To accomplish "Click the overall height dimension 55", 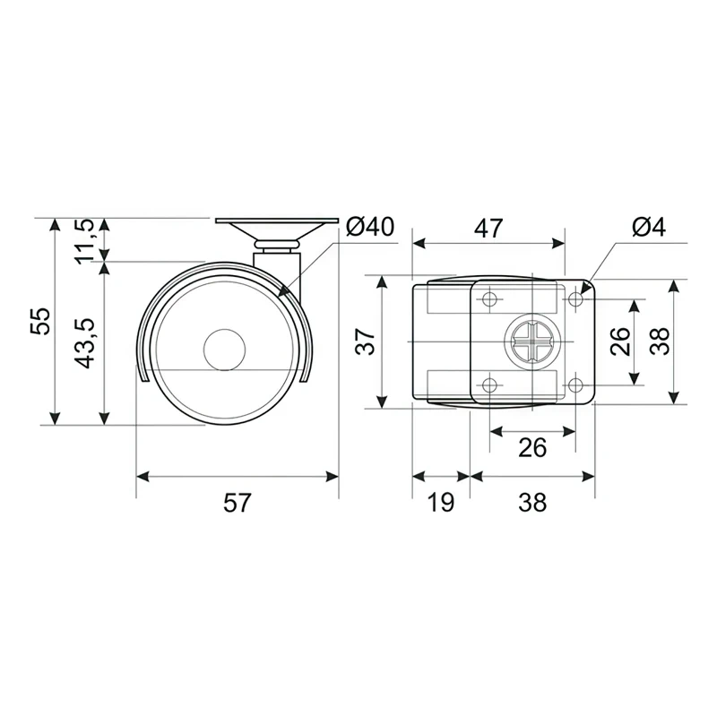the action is click(x=40, y=321).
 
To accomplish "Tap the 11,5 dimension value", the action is click(x=84, y=241).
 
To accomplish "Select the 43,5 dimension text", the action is click(x=84, y=343).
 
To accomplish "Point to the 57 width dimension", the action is click(x=238, y=503).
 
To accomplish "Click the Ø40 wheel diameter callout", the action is click(x=370, y=227).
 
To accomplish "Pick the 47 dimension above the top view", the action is click(x=488, y=229).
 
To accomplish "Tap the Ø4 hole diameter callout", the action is click(x=649, y=228).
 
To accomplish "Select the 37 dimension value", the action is click(x=366, y=341).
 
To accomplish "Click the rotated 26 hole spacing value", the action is click(x=620, y=341).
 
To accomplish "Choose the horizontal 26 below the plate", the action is click(x=532, y=447).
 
